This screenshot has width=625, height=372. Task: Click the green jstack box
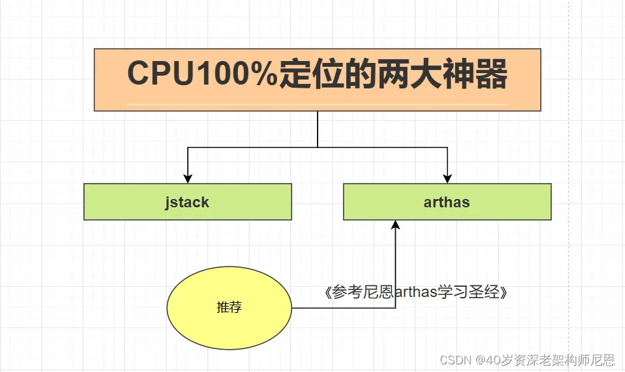click(187, 202)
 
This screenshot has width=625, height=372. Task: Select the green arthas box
click(447, 202)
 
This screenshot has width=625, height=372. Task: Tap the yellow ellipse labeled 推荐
click(229, 308)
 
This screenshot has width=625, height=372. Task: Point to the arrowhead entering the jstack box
click(187, 179)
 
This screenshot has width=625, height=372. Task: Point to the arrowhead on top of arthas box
click(447, 179)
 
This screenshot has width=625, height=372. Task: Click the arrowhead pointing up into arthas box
click(395, 225)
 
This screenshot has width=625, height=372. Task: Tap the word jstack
click(187, 202)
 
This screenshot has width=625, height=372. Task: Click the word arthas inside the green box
click(447, 202)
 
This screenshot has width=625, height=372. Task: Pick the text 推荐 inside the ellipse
click(229, 308)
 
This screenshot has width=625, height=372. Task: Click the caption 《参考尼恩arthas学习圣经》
click(416, 293)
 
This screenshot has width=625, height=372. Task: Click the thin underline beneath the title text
click(317, 104)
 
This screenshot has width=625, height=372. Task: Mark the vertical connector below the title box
click(317, 129)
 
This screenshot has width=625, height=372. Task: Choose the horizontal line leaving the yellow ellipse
click(344, 308)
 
